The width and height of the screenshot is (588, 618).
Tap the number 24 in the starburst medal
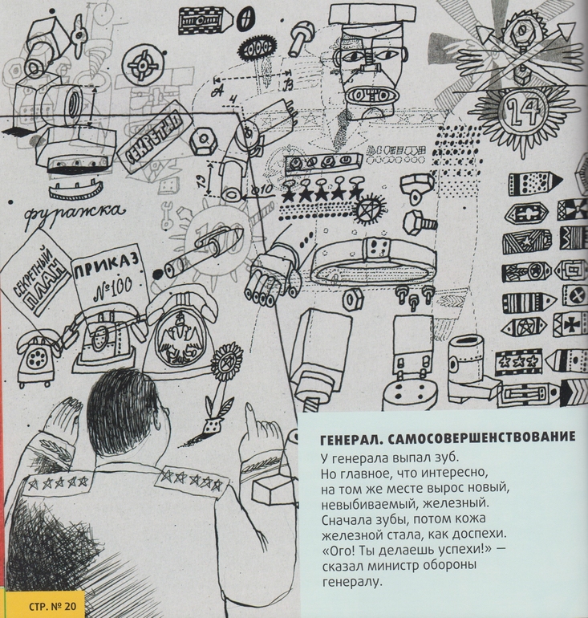[x=522, y=112]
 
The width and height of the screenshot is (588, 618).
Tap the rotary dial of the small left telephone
[x=36, y=359]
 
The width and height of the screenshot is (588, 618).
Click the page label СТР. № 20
[x=51, y=606]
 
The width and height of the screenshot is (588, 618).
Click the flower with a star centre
[x=227, y=360]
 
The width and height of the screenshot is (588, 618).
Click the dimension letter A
[x=216, y=91]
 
